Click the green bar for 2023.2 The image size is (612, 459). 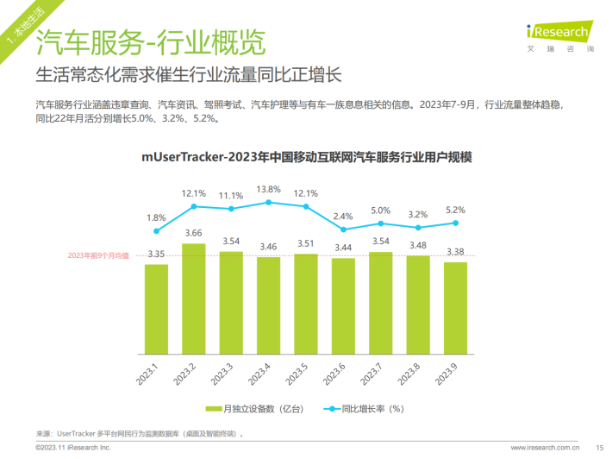point(194,300)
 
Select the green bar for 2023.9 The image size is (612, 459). point(455,309)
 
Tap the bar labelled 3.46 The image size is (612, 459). point(268,306)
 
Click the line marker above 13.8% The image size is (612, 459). point(268,202)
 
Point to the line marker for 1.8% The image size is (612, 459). point(156,231)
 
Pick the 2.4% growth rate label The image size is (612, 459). point(343,216)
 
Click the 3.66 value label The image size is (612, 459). point(194,233)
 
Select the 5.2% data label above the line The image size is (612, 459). point(455,210)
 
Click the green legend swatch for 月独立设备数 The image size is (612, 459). point(213,409)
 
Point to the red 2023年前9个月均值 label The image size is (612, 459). point(98,256)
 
